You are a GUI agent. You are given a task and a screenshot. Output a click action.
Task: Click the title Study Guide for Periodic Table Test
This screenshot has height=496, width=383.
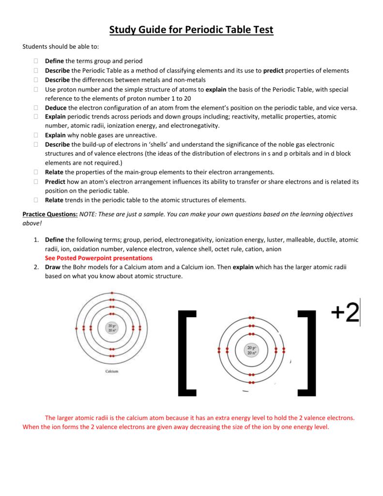coord(191,30)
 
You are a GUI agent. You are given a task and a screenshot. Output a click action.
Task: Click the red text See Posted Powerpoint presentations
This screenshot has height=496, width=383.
coord(98,258)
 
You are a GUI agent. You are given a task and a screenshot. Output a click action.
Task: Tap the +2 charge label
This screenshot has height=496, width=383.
coord(345,313)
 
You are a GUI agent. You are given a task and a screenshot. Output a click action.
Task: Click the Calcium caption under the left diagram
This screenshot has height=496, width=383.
coord(112,371)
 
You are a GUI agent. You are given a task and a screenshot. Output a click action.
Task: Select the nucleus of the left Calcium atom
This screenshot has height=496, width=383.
coord(112,328)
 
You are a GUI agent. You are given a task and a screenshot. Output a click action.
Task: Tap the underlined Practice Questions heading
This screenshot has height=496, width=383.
coord(50,214)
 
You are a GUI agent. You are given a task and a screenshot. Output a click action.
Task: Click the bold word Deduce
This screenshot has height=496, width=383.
coord(56,108)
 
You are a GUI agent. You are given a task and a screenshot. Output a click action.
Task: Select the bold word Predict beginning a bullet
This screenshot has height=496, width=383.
coord(55,181)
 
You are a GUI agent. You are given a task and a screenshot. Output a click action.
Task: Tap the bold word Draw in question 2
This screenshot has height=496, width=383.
coord(53,267)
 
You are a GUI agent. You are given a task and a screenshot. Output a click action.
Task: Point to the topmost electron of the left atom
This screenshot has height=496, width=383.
coord(112,293)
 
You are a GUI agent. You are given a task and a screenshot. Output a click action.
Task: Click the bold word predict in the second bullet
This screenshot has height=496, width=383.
coord(273,71)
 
